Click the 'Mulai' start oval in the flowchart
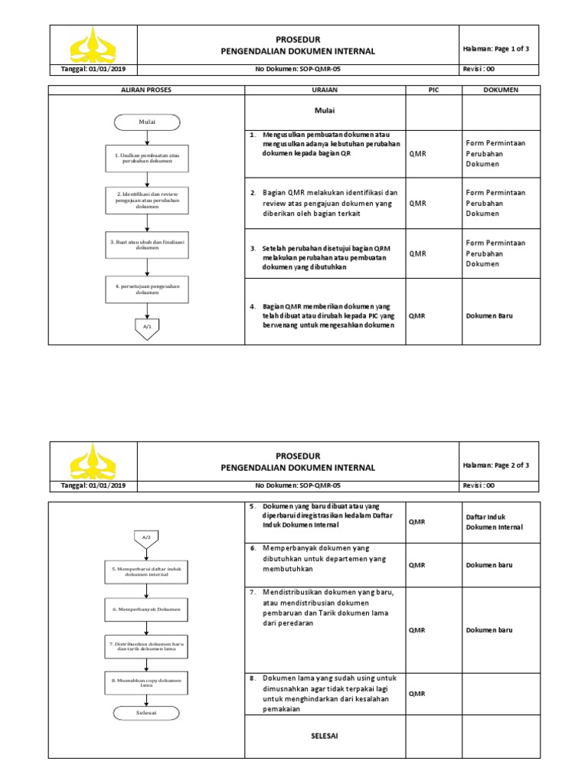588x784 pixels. point(147,122)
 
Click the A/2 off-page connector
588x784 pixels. point(147,537)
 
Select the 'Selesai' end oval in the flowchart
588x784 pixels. point(147,712)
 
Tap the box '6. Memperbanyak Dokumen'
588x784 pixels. point(147,609)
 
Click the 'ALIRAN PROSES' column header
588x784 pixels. point(147,90)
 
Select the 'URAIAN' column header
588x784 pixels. point(325,90)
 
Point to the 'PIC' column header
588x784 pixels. point(433,90)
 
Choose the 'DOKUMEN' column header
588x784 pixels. point(501,90)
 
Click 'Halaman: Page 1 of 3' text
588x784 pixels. point(496,48)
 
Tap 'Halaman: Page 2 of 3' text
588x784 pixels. point(496,465)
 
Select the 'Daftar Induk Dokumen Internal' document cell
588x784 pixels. point(494,522)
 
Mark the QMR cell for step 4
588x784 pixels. point(417,315)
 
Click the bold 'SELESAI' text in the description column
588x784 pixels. point(325,736)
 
